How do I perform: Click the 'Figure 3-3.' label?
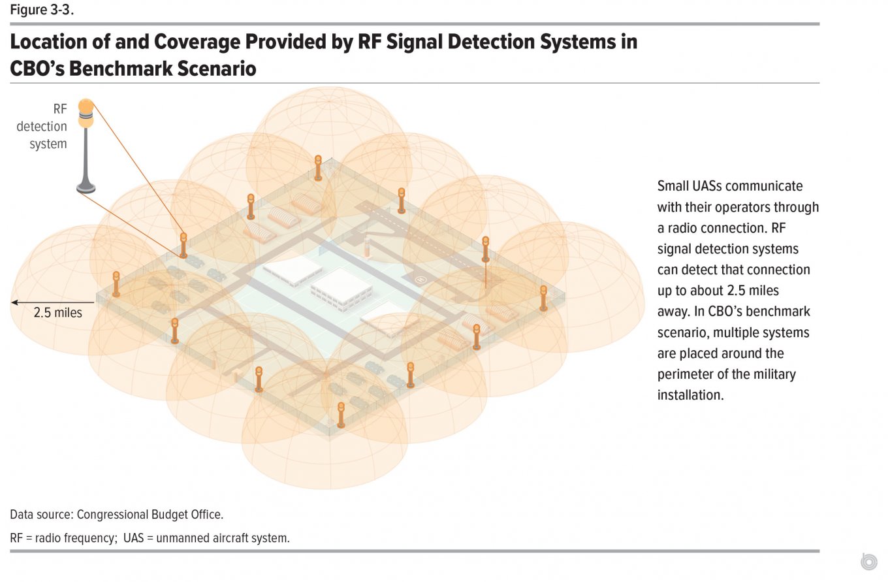[x=42, y=10]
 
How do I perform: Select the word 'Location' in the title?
[x=48, y=42]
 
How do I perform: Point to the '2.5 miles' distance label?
[x=58, y=312]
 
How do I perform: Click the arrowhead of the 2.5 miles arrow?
[x=14, y=302]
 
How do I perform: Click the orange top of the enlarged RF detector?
[x=86, y=106]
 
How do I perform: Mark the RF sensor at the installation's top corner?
[x=318, y=168]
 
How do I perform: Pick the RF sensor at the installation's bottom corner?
[x=341, y=415]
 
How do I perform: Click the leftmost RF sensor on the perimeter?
[x=116, y=284]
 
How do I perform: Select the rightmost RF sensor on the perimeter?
[x=543, y=298]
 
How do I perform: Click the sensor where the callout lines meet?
[x=183, y=246]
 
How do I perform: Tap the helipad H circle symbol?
[x=420, y=280]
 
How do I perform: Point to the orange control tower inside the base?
[x=367, y=248]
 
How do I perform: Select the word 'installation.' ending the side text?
[x=691, y=395]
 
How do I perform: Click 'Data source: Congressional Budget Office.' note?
[x=116, y=514]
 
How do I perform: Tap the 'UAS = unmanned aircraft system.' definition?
[x=206, y=538]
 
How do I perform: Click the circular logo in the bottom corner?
[x=869, y=561]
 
